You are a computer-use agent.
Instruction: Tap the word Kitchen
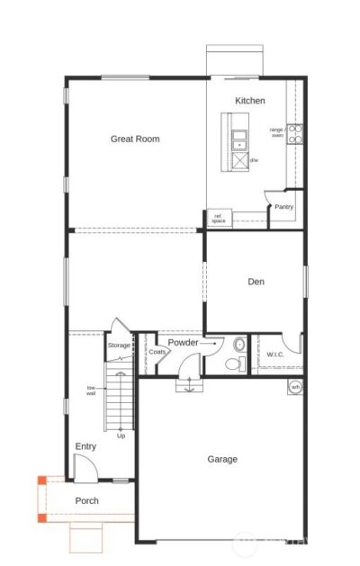pyautogui.click(x=250, y=101)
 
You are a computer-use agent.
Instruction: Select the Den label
pyautogui.click(x=256, y=282)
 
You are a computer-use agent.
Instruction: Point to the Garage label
pyautogui.click(x=222, y=459)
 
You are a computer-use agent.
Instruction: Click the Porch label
pyautogui.click(x=87, y=500)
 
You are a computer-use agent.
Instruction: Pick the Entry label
pyautogui.click(x=85, y=446)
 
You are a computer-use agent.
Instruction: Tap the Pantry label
pyautogui.click(x=284, y=207)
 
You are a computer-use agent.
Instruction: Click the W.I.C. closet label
pyautogui.click(x=275, y=355)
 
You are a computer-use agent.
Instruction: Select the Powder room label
pyautogui.click(x=184, y=343)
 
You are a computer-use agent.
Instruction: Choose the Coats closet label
pyautogui.click(x=157, y=352)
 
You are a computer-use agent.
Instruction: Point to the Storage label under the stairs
pyautogui.click(x=119, y=346)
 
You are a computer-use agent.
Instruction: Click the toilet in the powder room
pyautogui.click(x=236, y=362)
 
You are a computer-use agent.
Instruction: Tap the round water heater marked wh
pyautogui.click(x=294, y=387)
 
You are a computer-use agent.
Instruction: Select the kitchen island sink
pyautogui.click(x=239, y=140)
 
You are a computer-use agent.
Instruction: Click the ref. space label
pyautogui.click(x=219, y=219)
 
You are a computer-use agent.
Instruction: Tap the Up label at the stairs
pyautogui.click(x=121, y=436)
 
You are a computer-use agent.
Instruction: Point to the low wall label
pyautogui.click(x=91, y=390)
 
